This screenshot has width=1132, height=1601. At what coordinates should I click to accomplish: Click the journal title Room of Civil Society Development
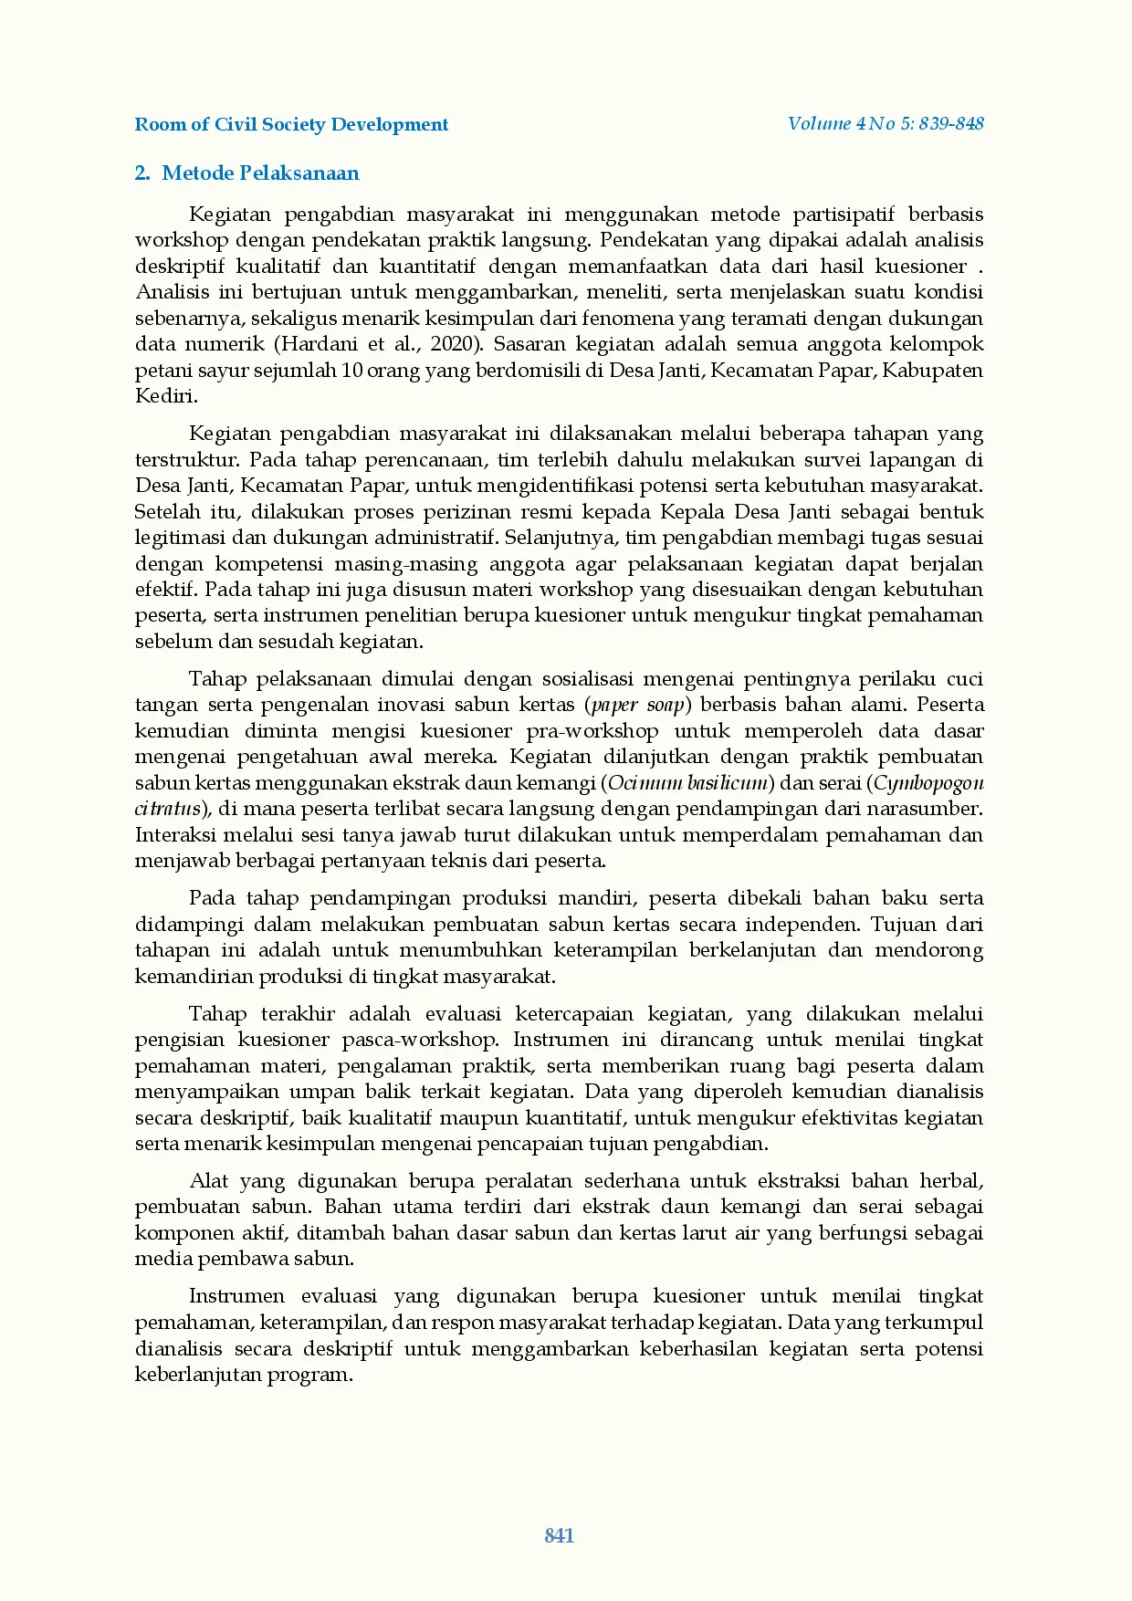tap(291, 125)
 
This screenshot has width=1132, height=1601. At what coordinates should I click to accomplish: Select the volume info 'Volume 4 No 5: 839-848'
tap(885, 124)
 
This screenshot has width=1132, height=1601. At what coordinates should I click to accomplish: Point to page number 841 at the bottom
tap(559, 1535)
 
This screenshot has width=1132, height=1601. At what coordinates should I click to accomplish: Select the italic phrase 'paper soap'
tap(638, 705)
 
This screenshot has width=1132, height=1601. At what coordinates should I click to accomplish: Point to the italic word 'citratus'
tap(167, 809)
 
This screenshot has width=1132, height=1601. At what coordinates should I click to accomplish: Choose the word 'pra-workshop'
tap(592, 731)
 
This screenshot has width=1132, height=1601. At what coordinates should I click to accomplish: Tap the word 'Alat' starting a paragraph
tap(209, 1181)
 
